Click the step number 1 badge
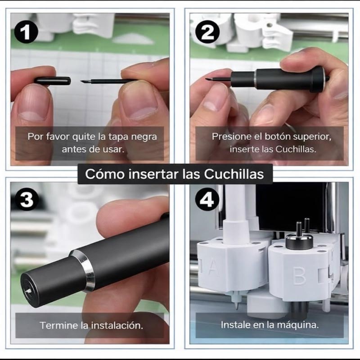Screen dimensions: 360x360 26,32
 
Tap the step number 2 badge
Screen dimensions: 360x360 207,32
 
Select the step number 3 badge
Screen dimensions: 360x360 27,199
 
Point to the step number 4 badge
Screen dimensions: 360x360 207,199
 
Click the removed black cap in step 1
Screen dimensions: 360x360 53,81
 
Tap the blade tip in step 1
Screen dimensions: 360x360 81,81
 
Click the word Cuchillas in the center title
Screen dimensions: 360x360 234,174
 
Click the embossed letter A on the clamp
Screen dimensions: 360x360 213,267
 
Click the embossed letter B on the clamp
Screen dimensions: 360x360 299,275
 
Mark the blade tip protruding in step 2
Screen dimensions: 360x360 207,79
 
